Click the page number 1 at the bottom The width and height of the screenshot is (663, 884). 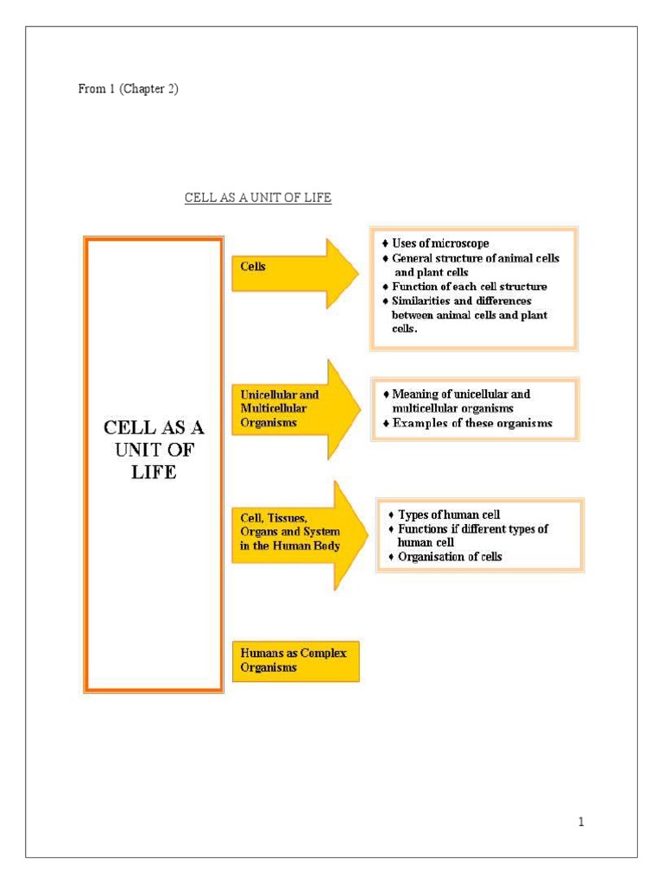(x=582, y=823)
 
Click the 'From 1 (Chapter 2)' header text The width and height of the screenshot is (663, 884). (x=128, y=90)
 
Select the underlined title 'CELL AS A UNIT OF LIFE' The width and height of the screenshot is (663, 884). (x=258, y=199)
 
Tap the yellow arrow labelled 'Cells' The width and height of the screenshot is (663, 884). (x=294, y=273)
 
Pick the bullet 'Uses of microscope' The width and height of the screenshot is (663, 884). (x=440, y=244)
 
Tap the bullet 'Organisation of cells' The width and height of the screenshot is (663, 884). (x=450, y=557)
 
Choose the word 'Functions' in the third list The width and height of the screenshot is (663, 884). (x=424, y=528)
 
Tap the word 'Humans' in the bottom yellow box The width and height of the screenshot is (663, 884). (x=260, y=654)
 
